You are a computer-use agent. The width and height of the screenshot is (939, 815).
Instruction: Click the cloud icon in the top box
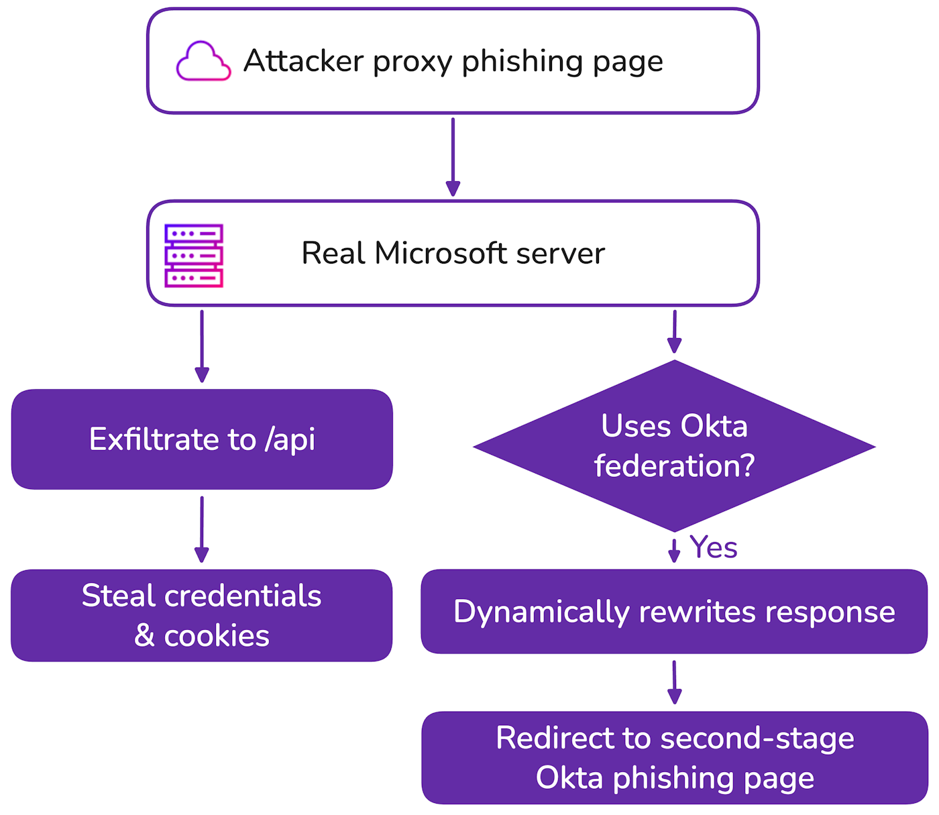[203, 62]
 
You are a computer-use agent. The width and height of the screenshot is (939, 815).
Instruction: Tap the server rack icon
[194, 256]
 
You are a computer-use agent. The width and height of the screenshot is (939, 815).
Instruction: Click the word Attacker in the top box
[303, 61]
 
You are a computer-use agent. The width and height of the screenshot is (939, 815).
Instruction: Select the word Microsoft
[440, 254]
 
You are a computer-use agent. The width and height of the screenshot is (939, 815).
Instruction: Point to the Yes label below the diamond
[713, 547]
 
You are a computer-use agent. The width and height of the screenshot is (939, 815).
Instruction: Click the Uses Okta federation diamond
[674, 445]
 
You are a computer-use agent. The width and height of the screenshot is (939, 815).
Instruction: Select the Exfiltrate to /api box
[202, 439]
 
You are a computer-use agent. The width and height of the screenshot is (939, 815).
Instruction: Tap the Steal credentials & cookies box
[202, 615]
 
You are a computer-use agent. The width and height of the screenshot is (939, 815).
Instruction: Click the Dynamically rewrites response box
[674, 612]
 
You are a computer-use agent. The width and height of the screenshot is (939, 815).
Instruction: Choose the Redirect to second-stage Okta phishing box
[675, 757]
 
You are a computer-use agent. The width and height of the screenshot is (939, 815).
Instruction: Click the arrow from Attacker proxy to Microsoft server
[453, 157]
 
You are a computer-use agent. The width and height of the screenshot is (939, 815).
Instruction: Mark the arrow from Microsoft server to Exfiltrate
[202, 345]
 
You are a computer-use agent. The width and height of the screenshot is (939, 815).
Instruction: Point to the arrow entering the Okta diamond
[675, 331]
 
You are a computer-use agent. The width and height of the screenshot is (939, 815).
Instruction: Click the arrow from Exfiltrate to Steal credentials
[202, 529]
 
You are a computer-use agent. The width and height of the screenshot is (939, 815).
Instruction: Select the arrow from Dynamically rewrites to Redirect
[675, 682]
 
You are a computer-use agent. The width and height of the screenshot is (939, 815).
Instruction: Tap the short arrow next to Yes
[675, 550]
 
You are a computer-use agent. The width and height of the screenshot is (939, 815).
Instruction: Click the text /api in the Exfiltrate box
[290, 440]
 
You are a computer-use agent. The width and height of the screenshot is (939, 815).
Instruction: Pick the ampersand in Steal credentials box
[144, 636]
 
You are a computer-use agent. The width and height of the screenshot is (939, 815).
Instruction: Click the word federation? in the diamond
[674, 466]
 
